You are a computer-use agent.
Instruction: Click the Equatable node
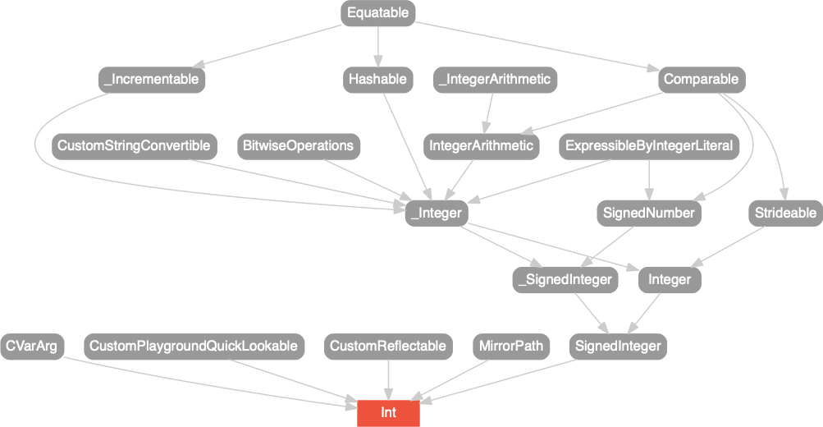(377, 13)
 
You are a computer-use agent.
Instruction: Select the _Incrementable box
(152, 80)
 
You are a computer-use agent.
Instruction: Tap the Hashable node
(377, 80)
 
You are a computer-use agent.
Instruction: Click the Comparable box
(701, 80)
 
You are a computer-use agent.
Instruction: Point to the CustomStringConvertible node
(134, 146)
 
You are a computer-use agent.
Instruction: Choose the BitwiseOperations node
(298, 146)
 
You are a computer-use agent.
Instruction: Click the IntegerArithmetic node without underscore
(482, 146)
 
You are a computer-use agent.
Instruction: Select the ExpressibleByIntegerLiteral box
(649, 146)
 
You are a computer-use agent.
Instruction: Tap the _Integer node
(436, 213)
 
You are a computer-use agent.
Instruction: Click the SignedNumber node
(649, 213)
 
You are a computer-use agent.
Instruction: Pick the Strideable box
(785, 213)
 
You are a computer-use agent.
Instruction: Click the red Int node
(388, 412)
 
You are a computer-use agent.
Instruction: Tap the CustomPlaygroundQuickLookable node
(194, 346)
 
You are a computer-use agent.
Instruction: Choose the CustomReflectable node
(388, 346)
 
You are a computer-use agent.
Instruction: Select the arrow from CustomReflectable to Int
(388, 379)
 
